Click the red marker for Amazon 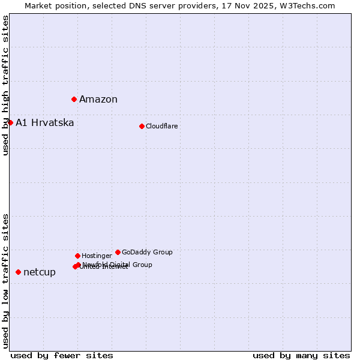pyautogui.click(x=74, y=99)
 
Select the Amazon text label pyautogui.click(x=98, y=100)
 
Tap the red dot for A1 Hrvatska pyautogui.click(x=10, y=122)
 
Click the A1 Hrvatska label pyautogui.click(x=45, y=123)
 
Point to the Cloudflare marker pyautogui.click(x=142, y=126)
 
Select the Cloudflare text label pyautogui.click(x=161, y=126)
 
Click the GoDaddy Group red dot pyautogui.click(x=118, y=252)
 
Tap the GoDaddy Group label pyautogui.click(x=147, y=252)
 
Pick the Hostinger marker pyautogui.click(x=77, y=256)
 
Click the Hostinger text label pyautogui.click(x=97, y=256)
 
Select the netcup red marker pyautogui.click(x=18, y=272)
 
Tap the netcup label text pyautogui.click(x=40, y=272)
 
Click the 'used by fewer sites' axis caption pyautogui.click(x=62, y=355)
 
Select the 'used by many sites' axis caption pyautogui.click(x=301, y=355)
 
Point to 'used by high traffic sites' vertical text pyautogui.click(x=5, y=85)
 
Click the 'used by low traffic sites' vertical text pyautogui.click(x=5, y=280)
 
